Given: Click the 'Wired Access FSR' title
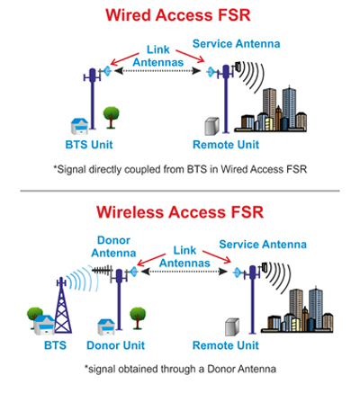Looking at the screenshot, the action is click(x=178, y=15).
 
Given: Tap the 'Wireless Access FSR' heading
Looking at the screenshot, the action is click(x=180, y=212).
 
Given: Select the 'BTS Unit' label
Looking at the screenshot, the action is click(x=89, y=145).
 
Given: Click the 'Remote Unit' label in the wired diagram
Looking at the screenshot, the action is click(x=226, y=145).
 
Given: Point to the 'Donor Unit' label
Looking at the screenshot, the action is click(x=116, y=345).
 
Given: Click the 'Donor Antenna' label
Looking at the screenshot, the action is click(x=113, y=246).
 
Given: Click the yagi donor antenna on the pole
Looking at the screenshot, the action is click(x=102, y=271).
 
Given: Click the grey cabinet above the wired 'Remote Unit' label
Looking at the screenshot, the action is click(x=211, y=126).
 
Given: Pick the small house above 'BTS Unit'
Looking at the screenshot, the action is click(x=80, y=126).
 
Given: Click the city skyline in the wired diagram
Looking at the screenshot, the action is click(x=271, y=110).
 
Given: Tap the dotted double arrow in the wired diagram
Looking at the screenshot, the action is click(x=157, y=71).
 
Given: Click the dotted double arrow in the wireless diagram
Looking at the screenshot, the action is click(x=184, y=272).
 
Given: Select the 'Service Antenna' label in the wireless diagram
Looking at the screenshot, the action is click(x=263, y=245).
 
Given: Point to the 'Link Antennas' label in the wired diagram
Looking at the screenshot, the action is click(x=158, y=56).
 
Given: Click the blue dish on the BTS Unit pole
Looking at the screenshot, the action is click(x=107, y=71).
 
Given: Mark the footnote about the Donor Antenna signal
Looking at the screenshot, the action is click(x=180, y=369).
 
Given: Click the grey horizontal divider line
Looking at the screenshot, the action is click(x=180, y=191).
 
